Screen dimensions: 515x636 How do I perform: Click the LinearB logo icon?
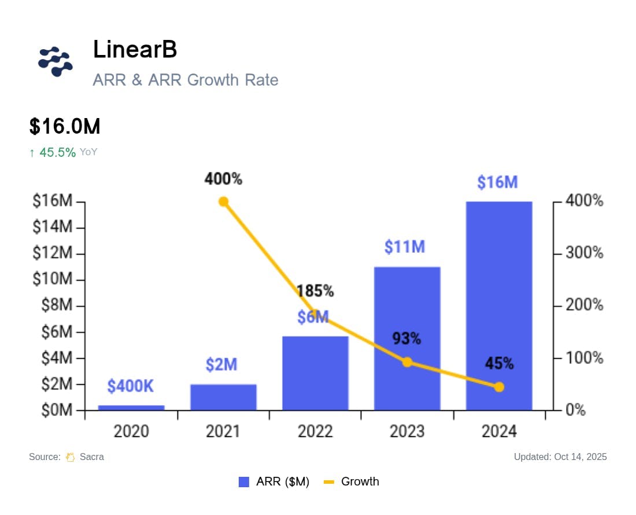click(x=56, y=61)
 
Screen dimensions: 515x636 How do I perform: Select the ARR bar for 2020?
click(x=131, y=407)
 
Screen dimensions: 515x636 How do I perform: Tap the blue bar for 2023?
click(x=407, y=339)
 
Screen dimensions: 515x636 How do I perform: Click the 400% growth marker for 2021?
click(x=223, y=202)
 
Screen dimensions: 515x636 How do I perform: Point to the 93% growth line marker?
click(x=407, y=362)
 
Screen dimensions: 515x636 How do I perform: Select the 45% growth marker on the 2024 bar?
click(x=499, y=387)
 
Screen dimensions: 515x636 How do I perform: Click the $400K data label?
click(x=131, y=387)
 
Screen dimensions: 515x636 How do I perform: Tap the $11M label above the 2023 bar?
click(x=405, y=247)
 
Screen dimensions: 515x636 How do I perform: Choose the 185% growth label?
click(x=316, y=291)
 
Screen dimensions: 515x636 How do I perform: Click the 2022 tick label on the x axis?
click(x=315, y=432)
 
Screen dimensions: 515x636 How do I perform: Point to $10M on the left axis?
click(x=52, y=280)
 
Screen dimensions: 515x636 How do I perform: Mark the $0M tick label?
click(x=56, y=411)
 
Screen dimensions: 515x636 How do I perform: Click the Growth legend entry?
click(x=352, y=481)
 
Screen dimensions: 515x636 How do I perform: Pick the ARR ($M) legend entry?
click(x=274, y=481)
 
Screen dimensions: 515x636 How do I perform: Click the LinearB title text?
click(x=135, y=50)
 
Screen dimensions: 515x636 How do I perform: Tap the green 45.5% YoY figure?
click(x=57, y=152)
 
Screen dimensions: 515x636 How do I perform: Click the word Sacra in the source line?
click(x=91, y=457)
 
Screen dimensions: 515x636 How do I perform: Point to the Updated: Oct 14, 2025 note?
click(x=560, y=457)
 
